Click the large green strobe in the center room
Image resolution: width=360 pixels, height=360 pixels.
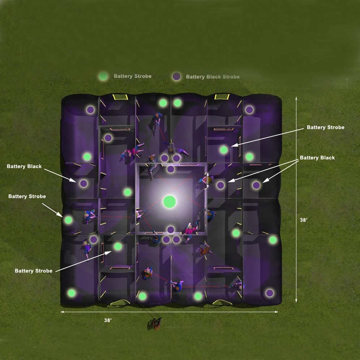click(169, 201)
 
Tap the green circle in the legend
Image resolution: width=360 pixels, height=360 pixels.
click(103, 76)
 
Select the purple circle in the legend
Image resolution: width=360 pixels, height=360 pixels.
click(176, 77)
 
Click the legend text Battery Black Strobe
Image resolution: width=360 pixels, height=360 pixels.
click(213, 77)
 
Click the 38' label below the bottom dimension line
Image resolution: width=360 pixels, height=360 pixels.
click(108, 320)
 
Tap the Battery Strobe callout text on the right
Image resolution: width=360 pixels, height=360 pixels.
click(325, 128)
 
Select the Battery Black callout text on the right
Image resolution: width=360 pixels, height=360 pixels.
click(317, 158)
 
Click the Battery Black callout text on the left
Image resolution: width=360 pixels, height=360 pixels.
click(24, 167)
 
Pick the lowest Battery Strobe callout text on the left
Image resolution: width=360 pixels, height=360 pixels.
click(34, 271)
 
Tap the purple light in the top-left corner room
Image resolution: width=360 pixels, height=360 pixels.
click(90, 110)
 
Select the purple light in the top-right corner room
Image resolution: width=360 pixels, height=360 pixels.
click(249, 110)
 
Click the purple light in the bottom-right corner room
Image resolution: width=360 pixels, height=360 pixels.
click(269, 293)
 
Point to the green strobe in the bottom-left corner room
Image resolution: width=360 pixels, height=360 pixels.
click(72, 293)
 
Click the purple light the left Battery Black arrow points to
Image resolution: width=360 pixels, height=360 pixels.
click(83, 184)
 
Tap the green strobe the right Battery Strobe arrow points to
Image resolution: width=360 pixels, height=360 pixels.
click(224, 149)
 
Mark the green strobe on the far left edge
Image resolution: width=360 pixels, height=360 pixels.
click(68, 219)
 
